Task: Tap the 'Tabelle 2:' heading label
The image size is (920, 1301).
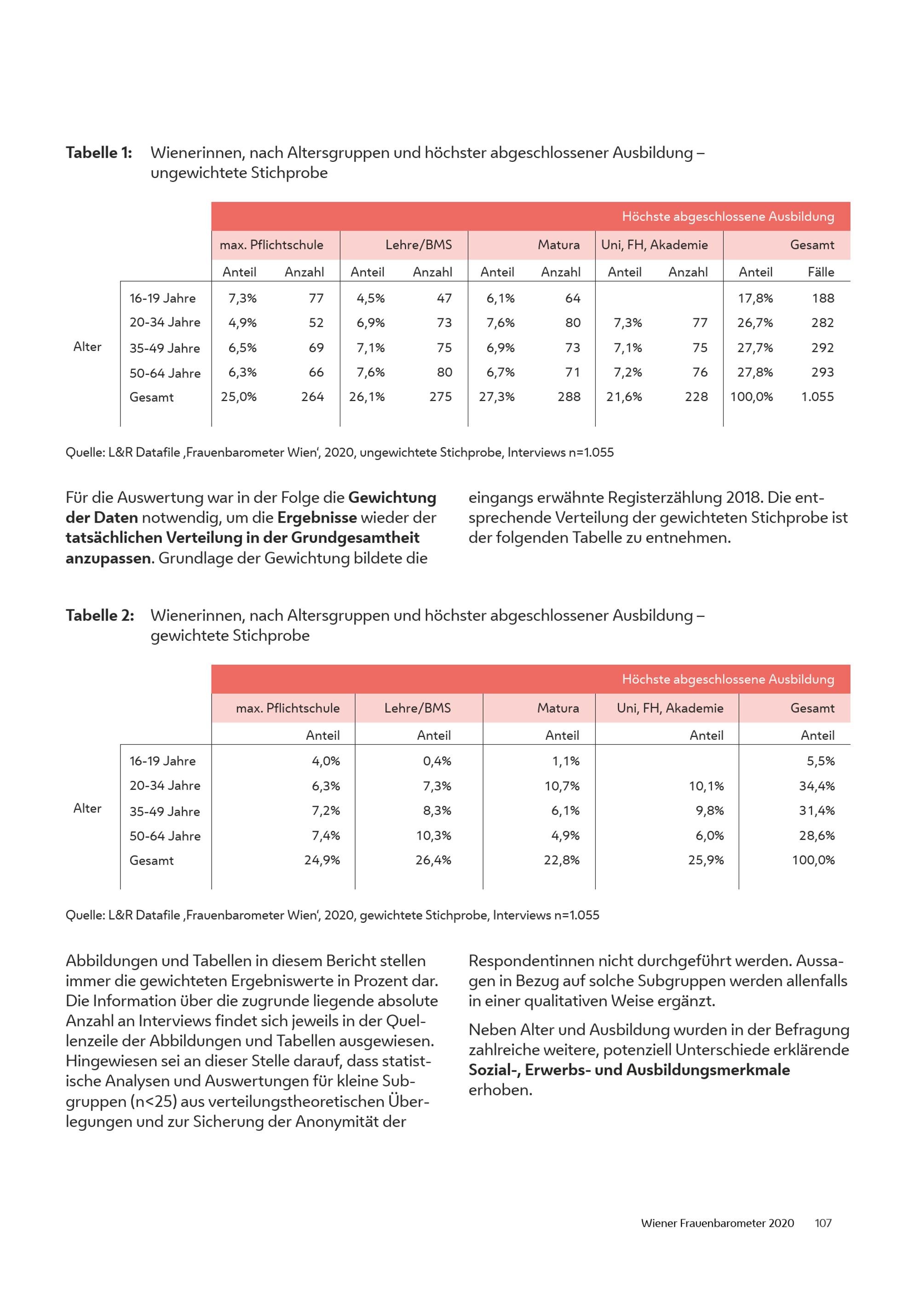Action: click(x=100, y=616)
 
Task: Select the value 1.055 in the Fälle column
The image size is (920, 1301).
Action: click(x=817, y=397)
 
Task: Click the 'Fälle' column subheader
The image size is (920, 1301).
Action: click(x=820, y=272)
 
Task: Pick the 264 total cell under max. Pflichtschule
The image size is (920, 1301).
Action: click(x=312, y=397)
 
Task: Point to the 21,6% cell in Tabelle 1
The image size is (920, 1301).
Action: click(x=624, y=397)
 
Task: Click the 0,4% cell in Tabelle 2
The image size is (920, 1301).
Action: click(x=437, y=761)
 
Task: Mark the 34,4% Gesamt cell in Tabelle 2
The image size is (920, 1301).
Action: click(x=816, y=786)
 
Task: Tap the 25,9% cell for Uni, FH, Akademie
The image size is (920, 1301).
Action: click(x=705, y=860)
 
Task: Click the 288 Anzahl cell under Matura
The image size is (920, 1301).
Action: click(x=568, y=397)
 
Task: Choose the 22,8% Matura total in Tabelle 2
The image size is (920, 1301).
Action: click(x=561, y=860)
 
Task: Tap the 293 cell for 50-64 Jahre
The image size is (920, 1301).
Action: click(x=822, y=372)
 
